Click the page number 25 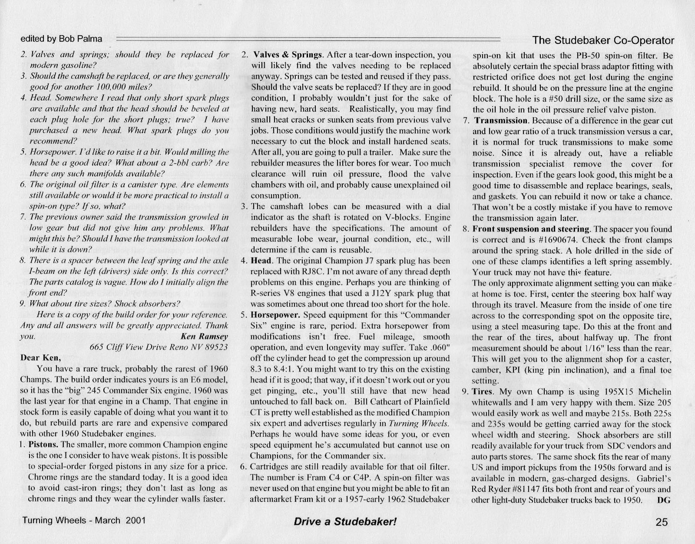[662, 522]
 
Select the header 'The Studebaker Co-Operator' [603, 40]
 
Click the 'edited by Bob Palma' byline [61, 39]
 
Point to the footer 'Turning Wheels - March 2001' [84, 521]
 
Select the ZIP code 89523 [216, 347]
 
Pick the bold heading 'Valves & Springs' [288, 55]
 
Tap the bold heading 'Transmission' [500, 120]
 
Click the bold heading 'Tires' [482, 392]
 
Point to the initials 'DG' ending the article [664, 500]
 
